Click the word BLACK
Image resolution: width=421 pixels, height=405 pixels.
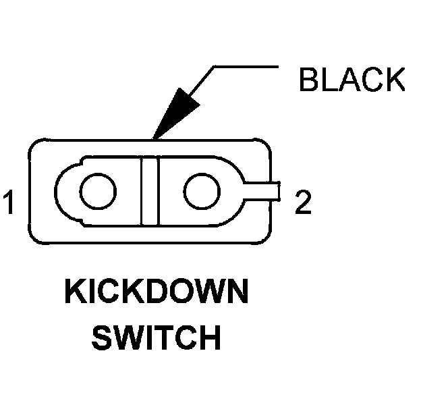pos(352,80)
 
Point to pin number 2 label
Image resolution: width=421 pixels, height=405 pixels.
pos(304,204)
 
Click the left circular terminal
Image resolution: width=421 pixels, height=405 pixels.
pos(97,192)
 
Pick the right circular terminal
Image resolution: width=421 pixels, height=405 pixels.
pos(200,192)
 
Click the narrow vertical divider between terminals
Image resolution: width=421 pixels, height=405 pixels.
pos(149,192)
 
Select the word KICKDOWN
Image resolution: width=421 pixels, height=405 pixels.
pos(156,295)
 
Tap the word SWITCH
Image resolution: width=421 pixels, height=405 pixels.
pos(156,337)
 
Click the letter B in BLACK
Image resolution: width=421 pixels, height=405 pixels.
pos(310,80)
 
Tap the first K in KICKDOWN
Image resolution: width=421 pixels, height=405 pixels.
pos(75,295)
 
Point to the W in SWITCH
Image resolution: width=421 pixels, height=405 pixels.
pos(129,337)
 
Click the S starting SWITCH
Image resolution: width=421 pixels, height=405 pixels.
pos(103,337)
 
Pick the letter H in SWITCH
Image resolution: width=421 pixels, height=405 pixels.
pos(209,337)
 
